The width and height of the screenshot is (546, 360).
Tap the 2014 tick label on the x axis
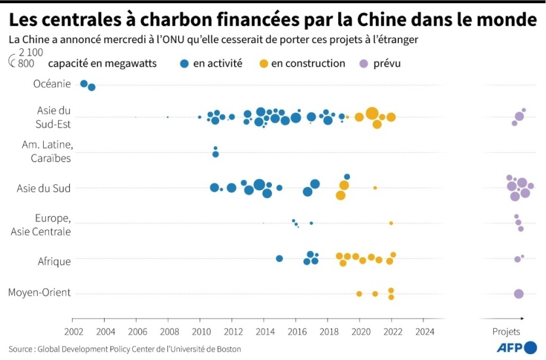click(x=264, y=331)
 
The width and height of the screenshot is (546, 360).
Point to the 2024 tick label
click(x=424, y=331)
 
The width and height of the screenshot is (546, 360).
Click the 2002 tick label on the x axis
click(x=73, y=331)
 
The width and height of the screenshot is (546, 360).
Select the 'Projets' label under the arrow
click(x=506, y=331)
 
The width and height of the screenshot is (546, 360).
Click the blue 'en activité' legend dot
click(x=184, y=64)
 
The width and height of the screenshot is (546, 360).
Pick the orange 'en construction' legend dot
click(x=263, y=64)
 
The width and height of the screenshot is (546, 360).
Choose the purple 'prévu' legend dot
click(x=364, y=64)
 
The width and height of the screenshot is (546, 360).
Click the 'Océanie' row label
click(x=52, y=84)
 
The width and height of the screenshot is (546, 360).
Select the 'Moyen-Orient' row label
click(x=39, y=293)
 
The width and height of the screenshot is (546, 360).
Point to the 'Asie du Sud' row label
click(x=44, y=188)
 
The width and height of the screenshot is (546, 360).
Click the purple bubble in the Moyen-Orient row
click(x=519, y=294)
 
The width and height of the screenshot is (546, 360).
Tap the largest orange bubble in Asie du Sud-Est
click(x=372, y=113)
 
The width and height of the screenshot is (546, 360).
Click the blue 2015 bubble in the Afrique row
click(x=279, y=259)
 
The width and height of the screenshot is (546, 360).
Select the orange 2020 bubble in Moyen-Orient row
click(x=359, y=294)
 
